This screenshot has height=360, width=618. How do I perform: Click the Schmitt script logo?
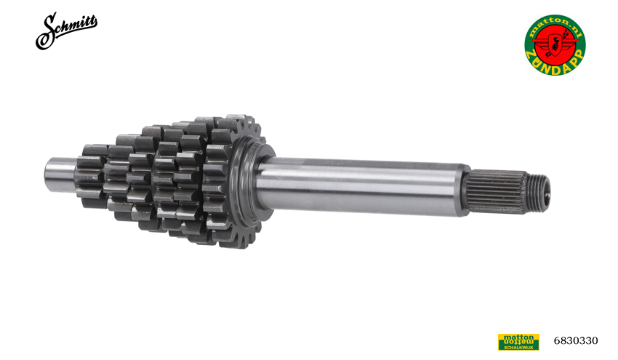point(66,30)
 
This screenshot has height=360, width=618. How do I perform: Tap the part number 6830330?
point(575,340)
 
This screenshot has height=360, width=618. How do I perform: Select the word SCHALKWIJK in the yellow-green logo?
point(518,348)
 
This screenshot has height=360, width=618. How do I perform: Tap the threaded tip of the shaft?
point(538,193)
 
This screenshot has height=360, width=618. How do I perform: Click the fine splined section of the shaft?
point(498,191)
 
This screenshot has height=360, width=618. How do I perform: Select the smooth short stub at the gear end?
point(59,175)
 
